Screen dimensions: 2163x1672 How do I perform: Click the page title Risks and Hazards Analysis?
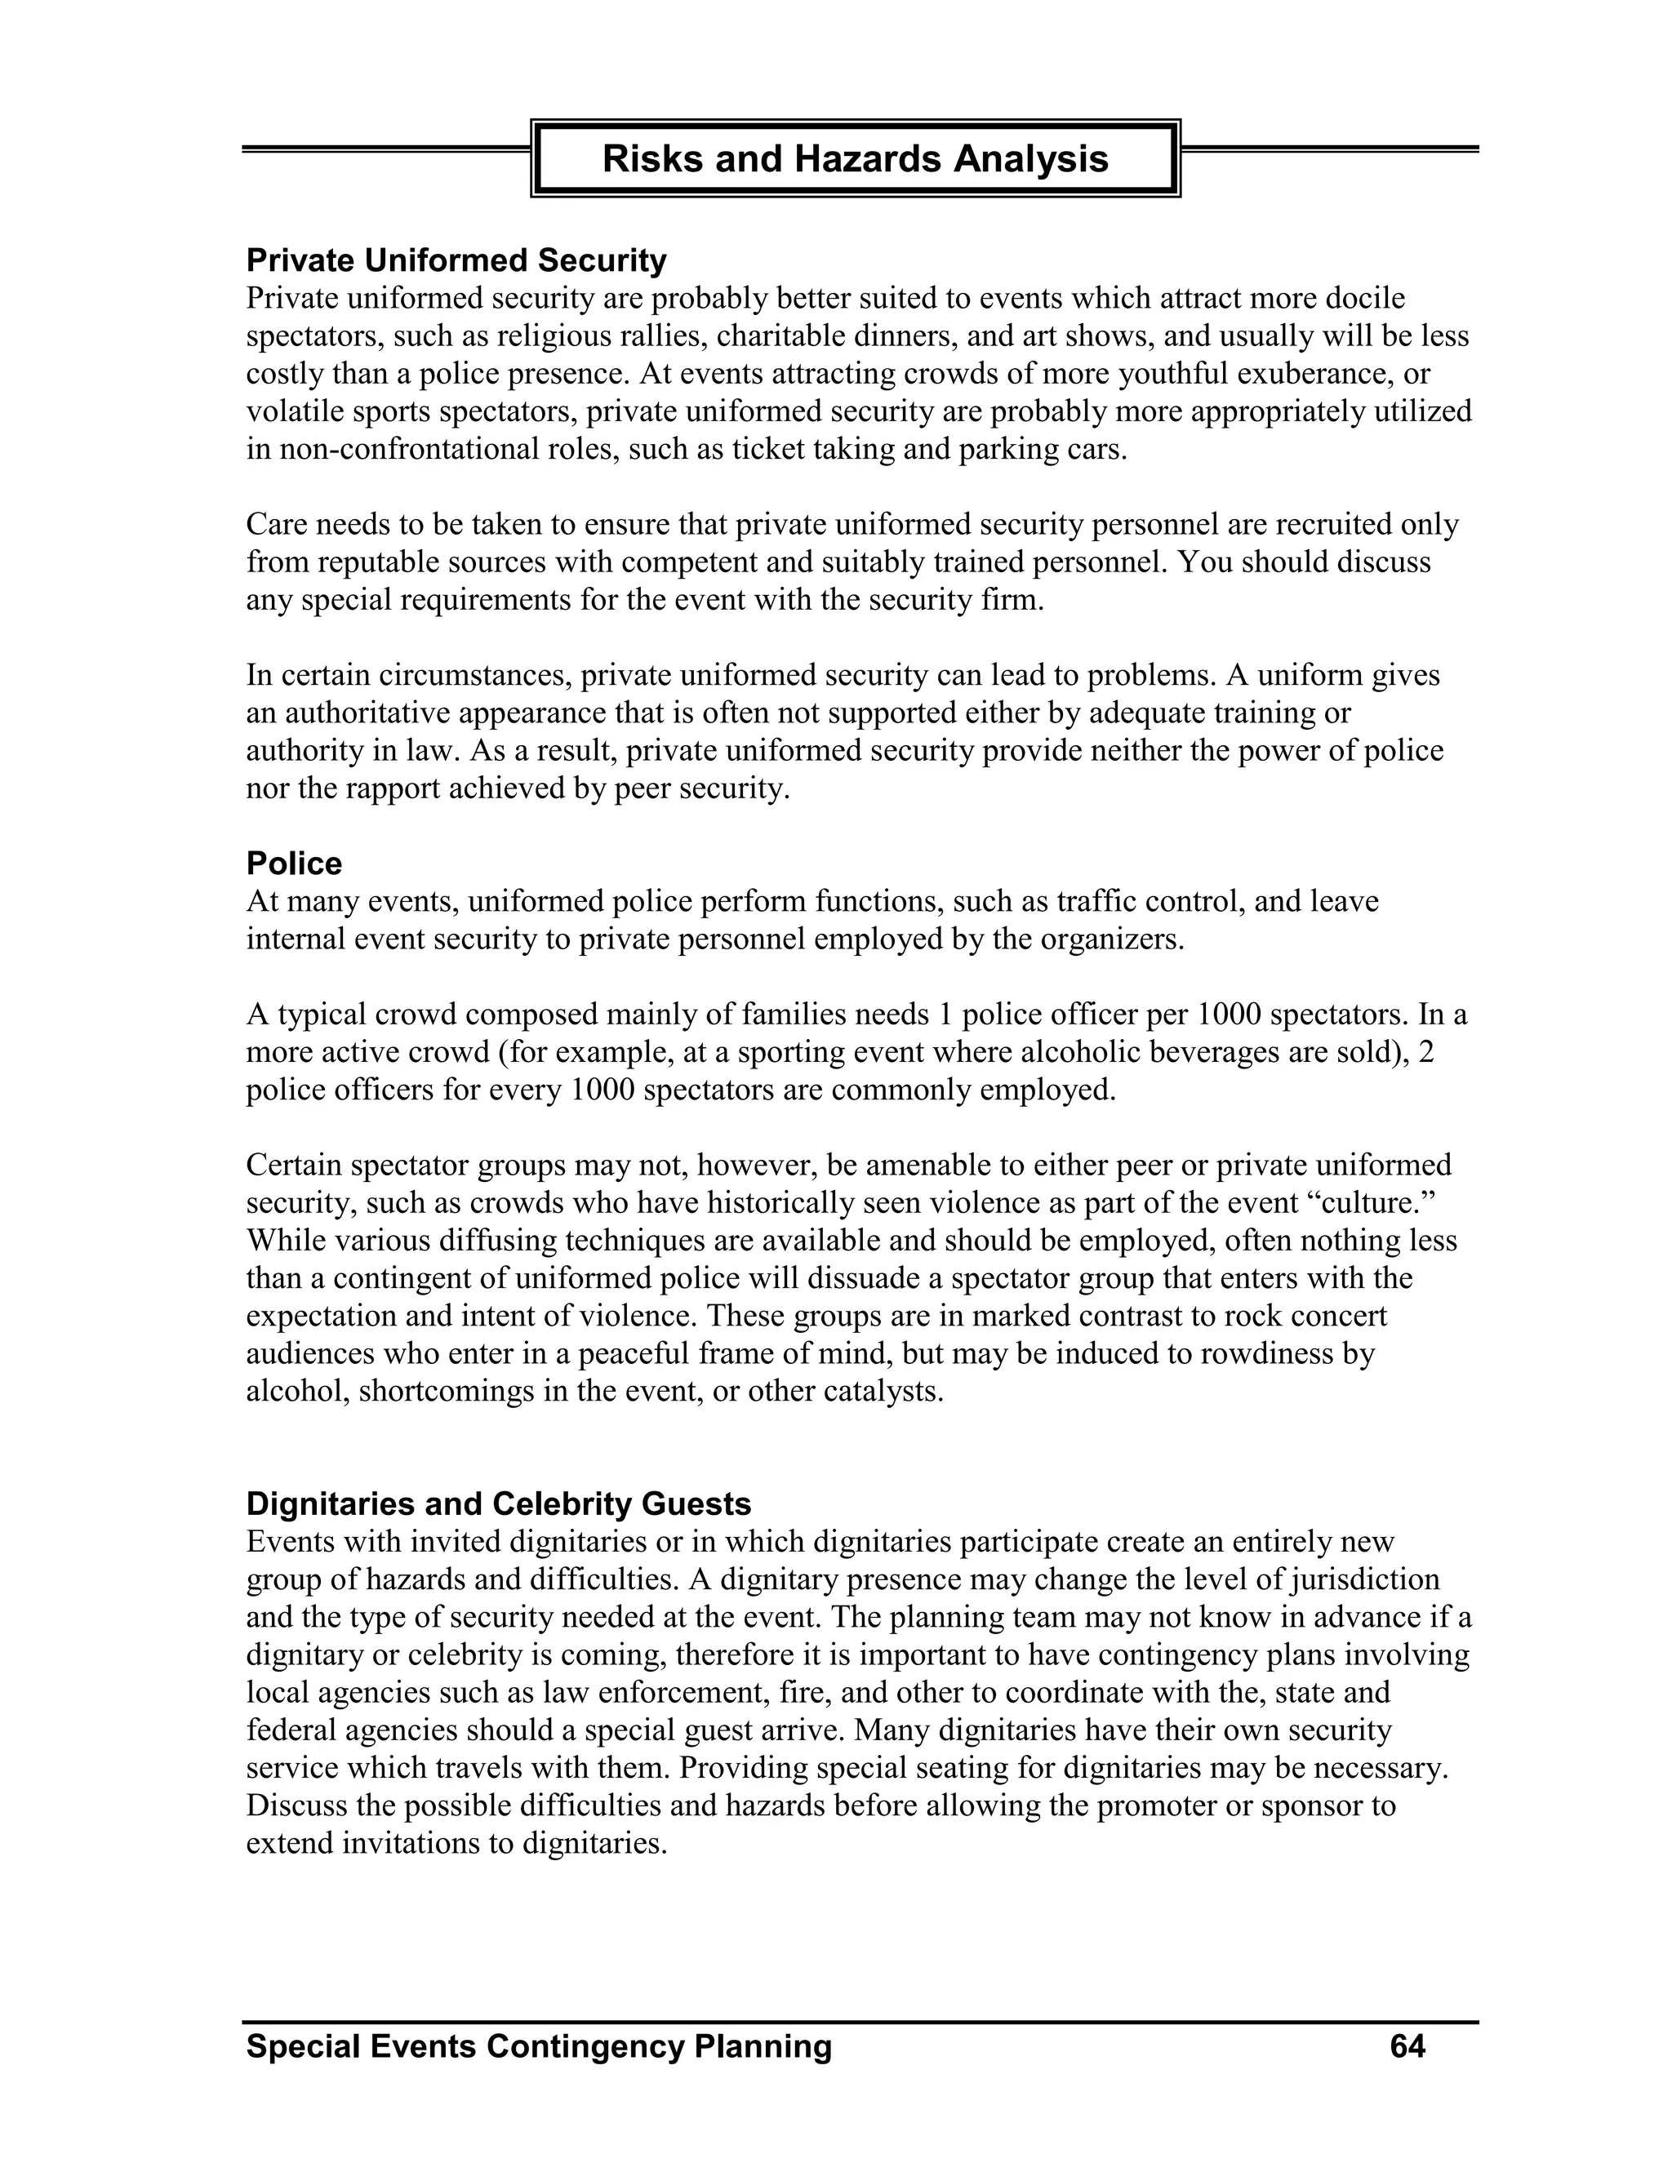coord(855,158)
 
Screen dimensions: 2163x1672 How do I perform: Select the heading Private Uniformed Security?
coord(456,260)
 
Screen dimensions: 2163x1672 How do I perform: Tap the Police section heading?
coord(293,864)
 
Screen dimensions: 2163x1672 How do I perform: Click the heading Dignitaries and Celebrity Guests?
coord(498,1503)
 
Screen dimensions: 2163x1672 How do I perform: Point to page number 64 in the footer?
coord(1407,2045)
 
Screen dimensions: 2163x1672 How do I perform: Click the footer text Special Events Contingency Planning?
coord(539,2045)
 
